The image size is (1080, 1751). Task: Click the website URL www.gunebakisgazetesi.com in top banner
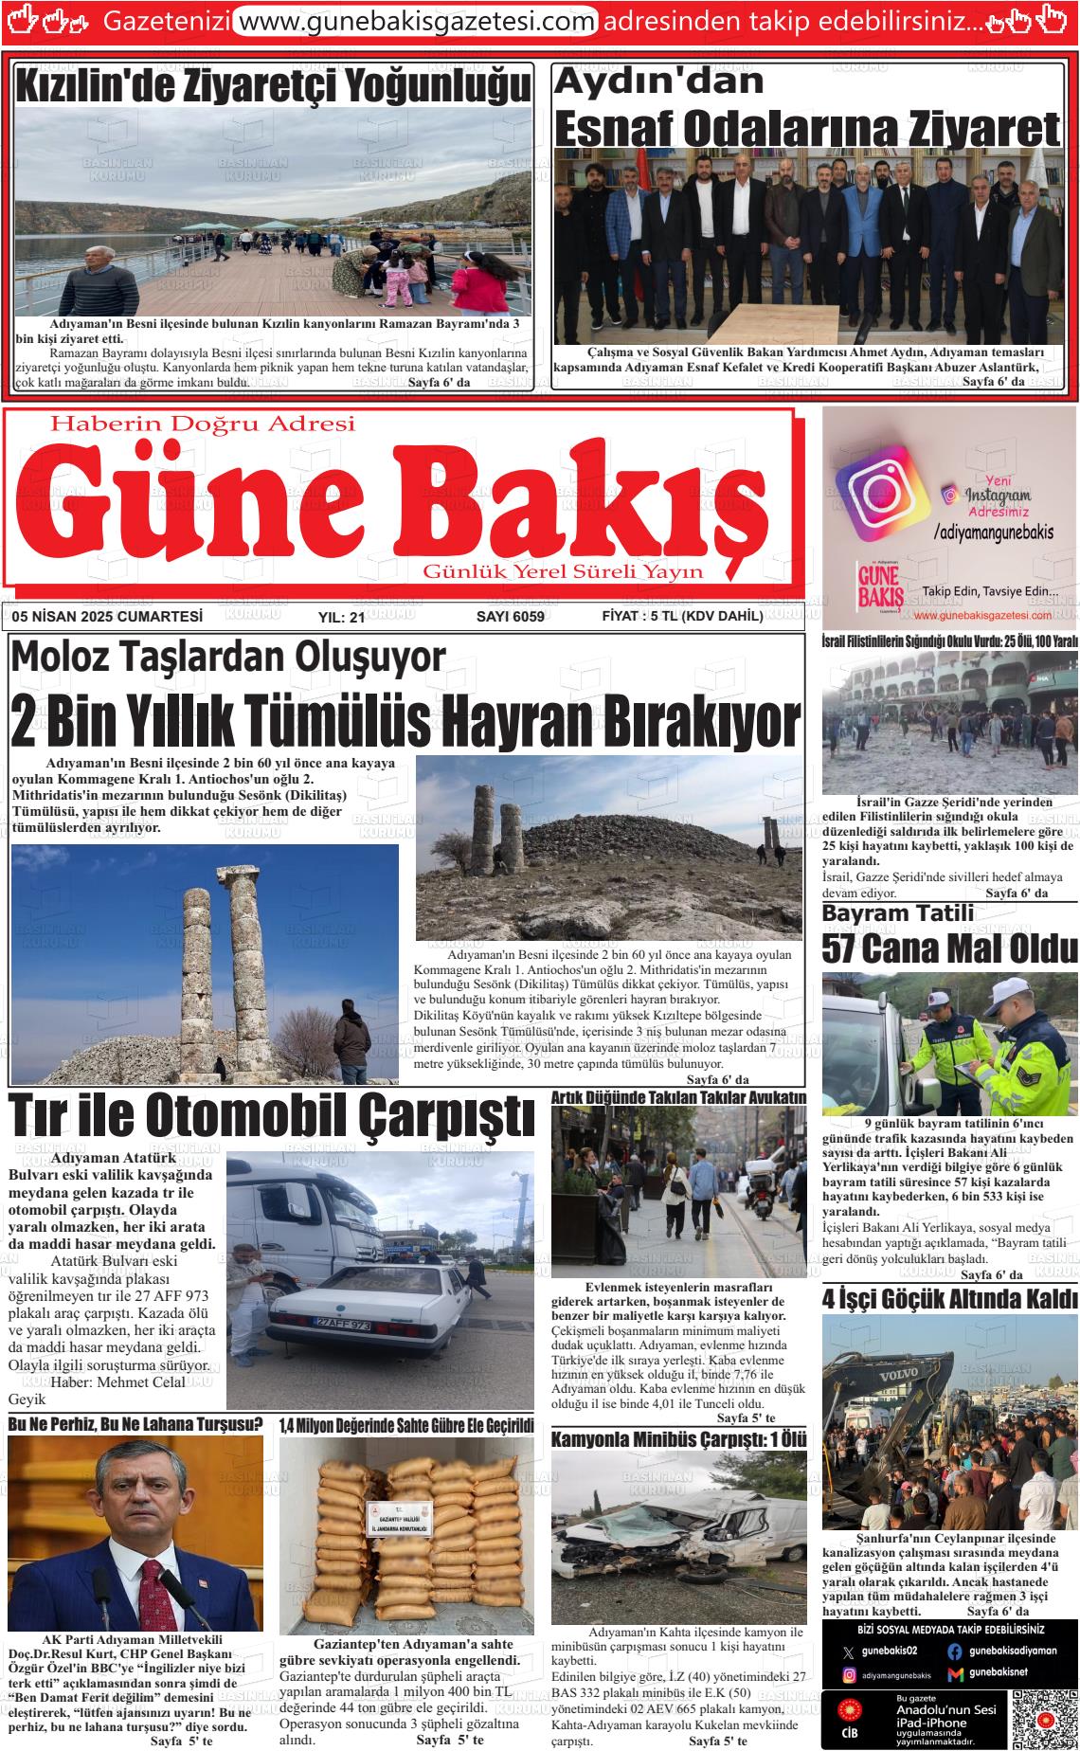415,21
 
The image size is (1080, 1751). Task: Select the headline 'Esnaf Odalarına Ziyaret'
806,130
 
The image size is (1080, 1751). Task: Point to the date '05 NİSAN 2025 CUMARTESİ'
108,617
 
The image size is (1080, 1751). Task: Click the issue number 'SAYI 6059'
510,617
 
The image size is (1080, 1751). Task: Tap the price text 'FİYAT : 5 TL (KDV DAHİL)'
682,617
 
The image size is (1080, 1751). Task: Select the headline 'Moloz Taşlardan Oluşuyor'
227,658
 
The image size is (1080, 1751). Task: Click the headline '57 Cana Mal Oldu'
949,949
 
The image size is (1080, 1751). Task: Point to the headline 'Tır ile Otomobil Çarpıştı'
272,1116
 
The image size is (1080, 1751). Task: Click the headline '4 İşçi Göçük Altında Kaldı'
949,1298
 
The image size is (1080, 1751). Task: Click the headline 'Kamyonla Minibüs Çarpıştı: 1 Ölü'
678,1439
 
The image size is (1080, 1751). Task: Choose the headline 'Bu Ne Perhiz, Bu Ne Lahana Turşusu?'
135,1424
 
